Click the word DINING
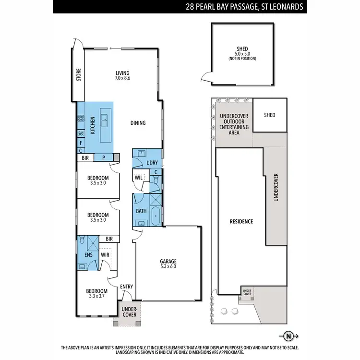click(138, 123)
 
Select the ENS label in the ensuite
click(88, 255)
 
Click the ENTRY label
click(126, 287)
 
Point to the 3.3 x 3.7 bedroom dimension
click(97, 296)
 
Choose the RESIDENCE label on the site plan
click(241, 222)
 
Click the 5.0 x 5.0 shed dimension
click(242, 54)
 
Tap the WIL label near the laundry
click(139, 177)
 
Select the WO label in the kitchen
click(81, 133)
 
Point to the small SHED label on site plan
click(270, 115)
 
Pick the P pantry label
click(103, 157)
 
